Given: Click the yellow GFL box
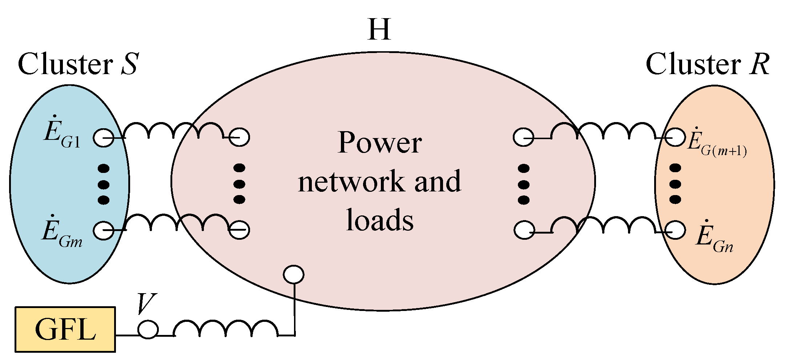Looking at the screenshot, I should [65, 329].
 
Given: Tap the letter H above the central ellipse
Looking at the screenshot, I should [379, 30].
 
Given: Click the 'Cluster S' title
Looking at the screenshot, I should [78, 64].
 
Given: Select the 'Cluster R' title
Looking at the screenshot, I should [707, 64].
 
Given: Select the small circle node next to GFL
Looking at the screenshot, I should [148, 330].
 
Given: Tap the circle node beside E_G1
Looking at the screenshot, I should [104, 138].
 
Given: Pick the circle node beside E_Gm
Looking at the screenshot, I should [104, 231].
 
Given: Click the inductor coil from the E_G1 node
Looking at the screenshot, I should [174, 132].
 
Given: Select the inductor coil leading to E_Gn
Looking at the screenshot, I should [603, 225].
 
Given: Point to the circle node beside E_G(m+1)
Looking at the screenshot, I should [675, 138].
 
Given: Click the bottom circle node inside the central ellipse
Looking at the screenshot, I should [294, 274].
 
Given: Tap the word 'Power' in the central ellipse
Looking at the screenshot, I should [379, 142].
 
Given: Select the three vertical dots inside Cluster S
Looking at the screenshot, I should [104, 184].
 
